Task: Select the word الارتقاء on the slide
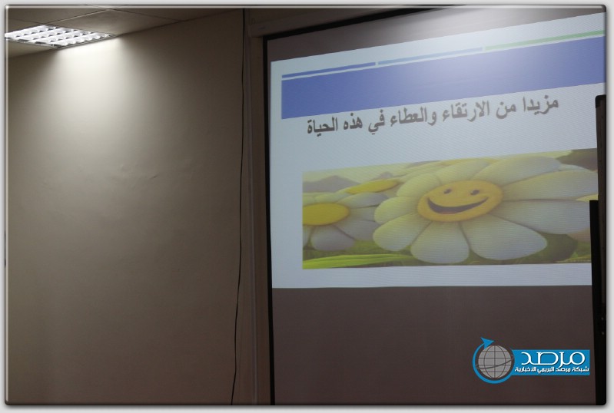(461, 112)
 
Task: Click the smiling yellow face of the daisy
(460, 201)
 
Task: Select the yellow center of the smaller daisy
(325, 214)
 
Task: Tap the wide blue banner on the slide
(443, 83)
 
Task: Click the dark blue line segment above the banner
(328, 70)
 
